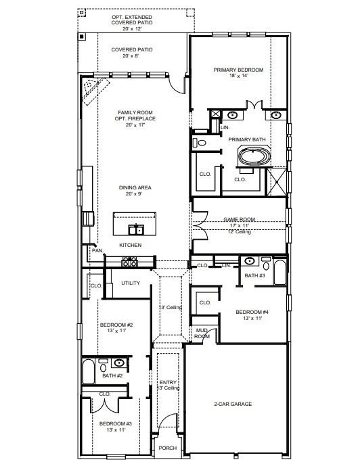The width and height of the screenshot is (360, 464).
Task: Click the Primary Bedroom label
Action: click(x=238, y=70)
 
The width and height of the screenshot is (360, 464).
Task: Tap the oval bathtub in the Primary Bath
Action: click(x=253, y=158)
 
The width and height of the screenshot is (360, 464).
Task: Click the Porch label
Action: click(x=167, y=448)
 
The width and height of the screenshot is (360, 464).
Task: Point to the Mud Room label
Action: click(x=202, y=333)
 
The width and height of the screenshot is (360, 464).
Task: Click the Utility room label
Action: click(x=131, y=283)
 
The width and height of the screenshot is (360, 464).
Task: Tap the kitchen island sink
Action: click(x=136, y=229)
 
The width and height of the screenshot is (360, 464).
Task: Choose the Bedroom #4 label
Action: click(x=252, y=312)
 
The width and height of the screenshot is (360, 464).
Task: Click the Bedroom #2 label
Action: click(x=116, y=325)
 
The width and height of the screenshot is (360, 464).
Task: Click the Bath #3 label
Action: click(x=254, y=275)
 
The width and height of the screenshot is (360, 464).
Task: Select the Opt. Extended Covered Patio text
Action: click(x=132, y=19)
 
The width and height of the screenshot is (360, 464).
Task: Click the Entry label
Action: click(x=168, y=382)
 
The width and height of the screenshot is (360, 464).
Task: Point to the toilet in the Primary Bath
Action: click(x=200, y=143)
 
